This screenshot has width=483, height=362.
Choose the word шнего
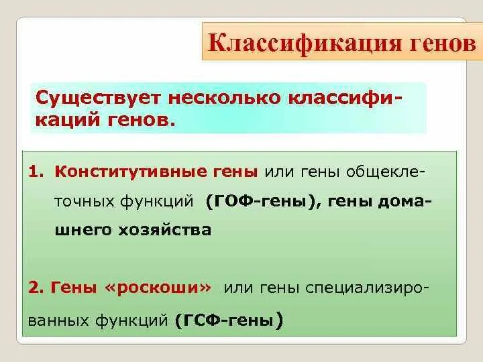coord(82,230)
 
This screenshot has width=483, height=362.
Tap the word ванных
coord(57,320)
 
